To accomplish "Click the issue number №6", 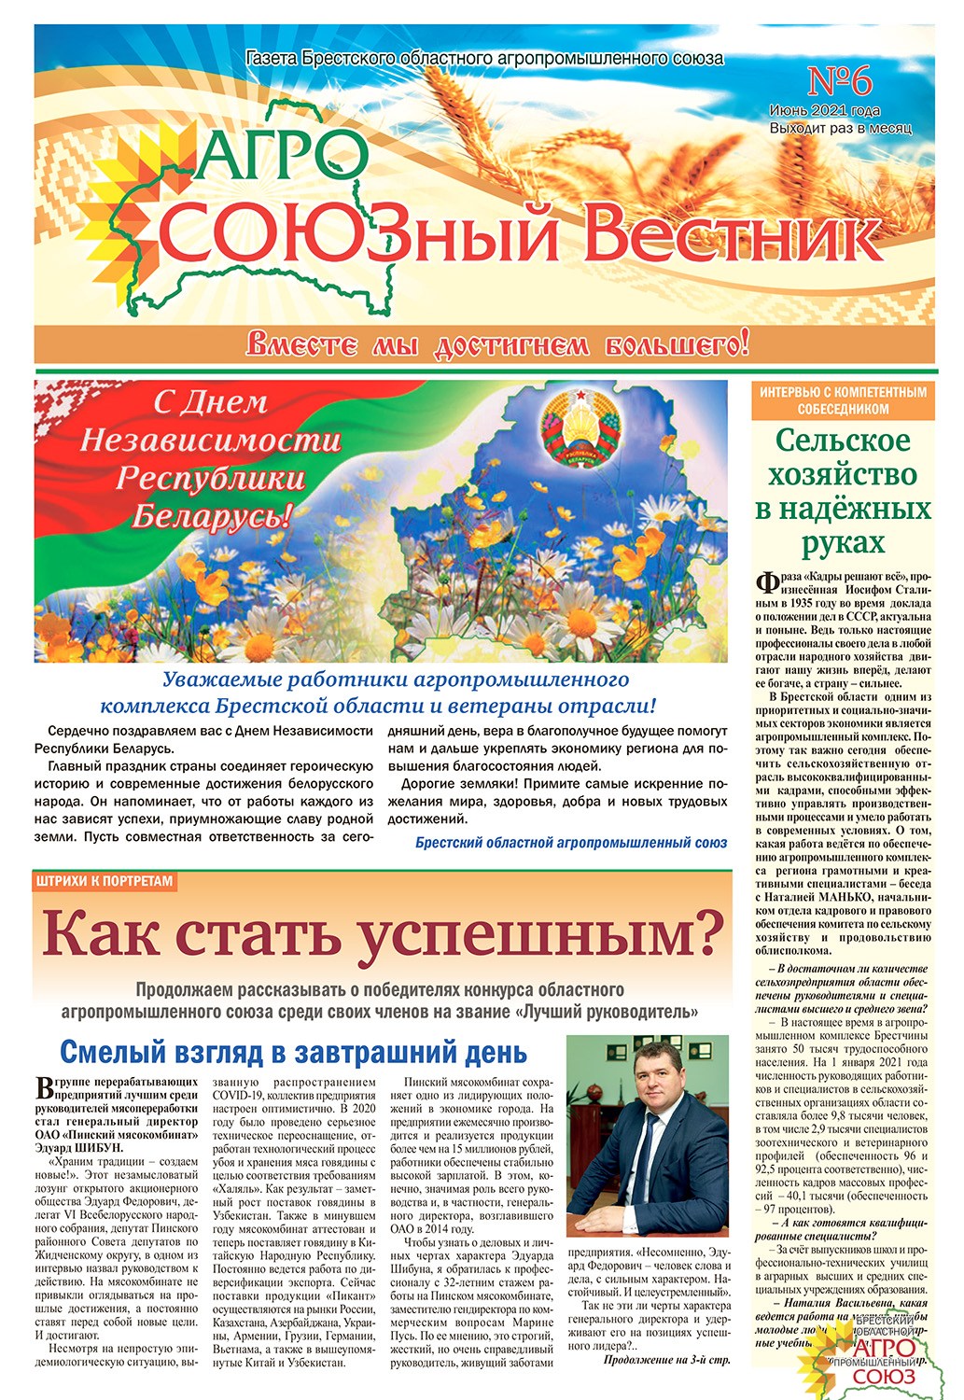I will [x=839, y=82].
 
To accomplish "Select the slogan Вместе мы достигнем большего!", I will [x=497, y=345].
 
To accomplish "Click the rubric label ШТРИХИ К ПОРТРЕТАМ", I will [x=105, y=880].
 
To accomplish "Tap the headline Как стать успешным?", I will [x=383, y=934].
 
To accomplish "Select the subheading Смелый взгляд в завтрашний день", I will [x=294, y=1052].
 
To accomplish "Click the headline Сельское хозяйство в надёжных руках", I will [x=843, y=491].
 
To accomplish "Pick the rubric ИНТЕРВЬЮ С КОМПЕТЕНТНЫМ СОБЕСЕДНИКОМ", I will [x=843, y=400].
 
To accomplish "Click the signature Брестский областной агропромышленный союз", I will [x=571, y=843].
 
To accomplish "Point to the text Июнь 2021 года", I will [x=837, y=110].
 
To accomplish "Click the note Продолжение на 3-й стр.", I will [x=666, y=1360].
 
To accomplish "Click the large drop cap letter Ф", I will [x=767, y=584].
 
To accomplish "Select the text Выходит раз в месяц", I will [x=840, y=128].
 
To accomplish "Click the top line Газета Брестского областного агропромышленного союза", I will [x=484, y=59].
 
